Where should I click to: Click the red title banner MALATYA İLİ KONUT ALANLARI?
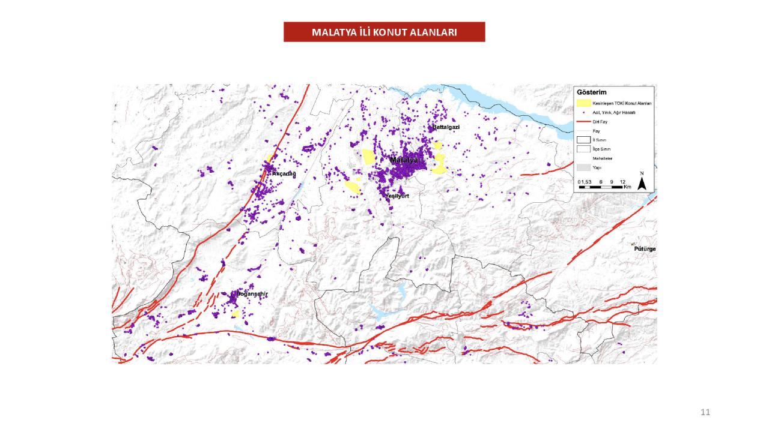pos(384,32)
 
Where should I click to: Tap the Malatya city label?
pos(403,160)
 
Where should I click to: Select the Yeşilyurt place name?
pos(397,196)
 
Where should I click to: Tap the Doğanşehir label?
pos(252,294)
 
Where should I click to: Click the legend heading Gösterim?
pos(591,92)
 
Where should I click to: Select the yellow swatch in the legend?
pos(583,103)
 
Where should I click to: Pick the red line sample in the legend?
pos(583,121)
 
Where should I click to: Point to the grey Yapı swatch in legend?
pos(583,167)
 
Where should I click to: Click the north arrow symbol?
pos(642,183)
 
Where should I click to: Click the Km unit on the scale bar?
pos(627,187)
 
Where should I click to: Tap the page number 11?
pos(705,412)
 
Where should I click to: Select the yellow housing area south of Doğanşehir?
pos(236,314)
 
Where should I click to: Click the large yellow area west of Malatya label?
pos(368,157)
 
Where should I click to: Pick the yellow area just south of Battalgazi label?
pos(437,145)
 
